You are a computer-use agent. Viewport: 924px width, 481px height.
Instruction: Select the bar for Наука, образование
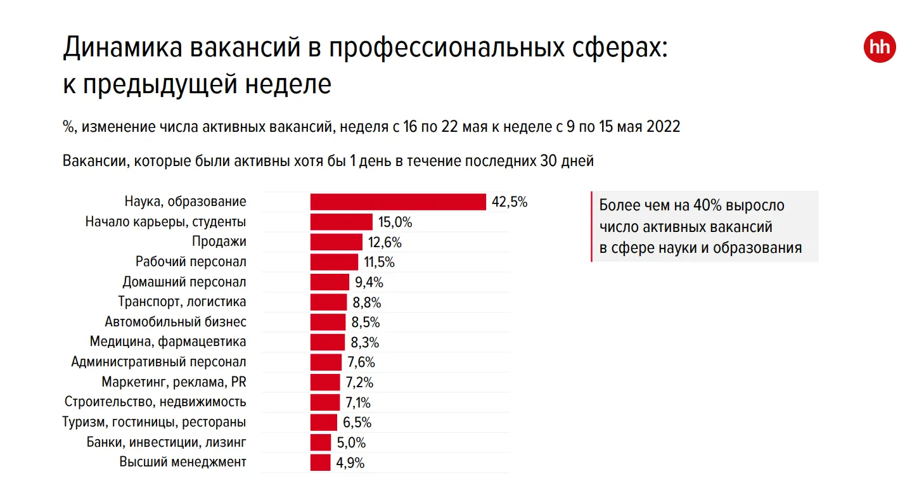398,202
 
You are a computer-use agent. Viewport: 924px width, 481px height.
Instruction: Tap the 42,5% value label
510,203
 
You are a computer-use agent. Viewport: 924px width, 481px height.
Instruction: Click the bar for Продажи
337,242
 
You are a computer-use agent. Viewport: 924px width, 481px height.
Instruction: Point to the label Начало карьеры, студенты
165,222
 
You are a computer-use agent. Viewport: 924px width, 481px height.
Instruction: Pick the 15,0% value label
395,222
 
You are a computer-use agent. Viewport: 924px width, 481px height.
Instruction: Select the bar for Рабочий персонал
335,262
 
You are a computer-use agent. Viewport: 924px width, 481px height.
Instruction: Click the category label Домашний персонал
184,282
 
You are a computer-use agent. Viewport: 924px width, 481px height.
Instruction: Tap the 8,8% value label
367,302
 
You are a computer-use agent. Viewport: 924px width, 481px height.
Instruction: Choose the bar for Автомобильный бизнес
328,322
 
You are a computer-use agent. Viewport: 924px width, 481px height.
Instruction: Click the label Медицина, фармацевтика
168,342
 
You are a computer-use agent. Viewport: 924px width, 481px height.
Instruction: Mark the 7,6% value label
361,362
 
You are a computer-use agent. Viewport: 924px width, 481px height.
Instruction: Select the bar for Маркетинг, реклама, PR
326,382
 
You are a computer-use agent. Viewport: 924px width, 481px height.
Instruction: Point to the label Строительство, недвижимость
155,402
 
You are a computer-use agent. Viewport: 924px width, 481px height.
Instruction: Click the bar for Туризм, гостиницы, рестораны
324,423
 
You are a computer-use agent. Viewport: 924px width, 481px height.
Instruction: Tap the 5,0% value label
351,443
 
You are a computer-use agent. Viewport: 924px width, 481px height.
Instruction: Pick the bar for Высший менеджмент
321,463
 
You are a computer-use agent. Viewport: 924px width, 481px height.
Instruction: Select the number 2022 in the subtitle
664,127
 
